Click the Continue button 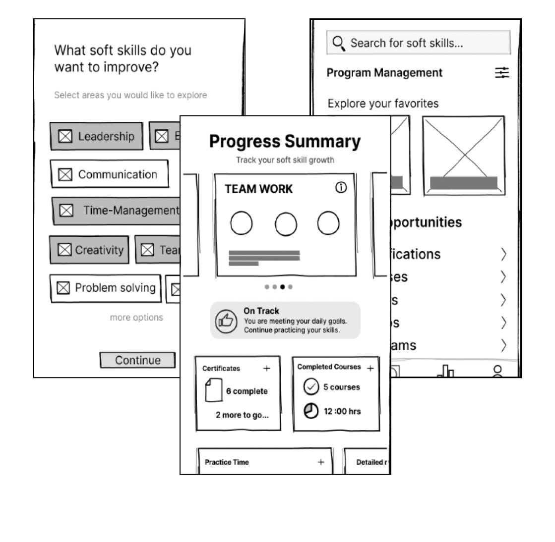(137, 360)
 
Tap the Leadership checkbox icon (65, 136)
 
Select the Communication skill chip (109, 174)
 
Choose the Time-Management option (117, 211)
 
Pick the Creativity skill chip (89, 250)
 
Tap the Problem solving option (106, 288)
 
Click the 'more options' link (136, 318)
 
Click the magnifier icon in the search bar (339, 43)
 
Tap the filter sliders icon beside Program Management (502, 73)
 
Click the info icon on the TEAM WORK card (341, 188)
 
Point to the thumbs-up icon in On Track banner (226, 321)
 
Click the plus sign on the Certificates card (267, 368)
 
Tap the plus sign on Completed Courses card (370, 368)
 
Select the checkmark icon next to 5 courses (311, 387)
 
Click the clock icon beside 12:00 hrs (311, 411)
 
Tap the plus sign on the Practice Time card (321, 462)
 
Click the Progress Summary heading (285, 142)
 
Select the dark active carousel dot (282, 287)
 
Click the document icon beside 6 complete (213, 391)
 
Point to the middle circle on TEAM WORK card (286, 223)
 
